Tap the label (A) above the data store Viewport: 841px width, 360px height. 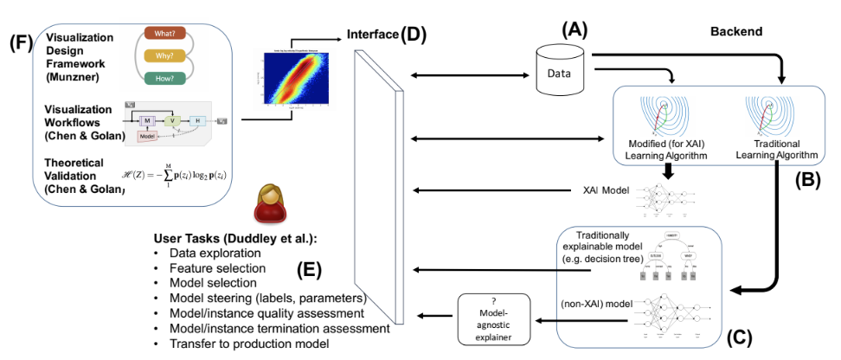pyautogui.click(x=574, y=29)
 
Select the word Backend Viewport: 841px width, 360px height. pyautogui.click(x=737, y=31)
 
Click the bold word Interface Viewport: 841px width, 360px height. pyautogui.click(x=372, y=35)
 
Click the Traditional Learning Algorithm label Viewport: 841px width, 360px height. pyautogui.click(x=777, y=150)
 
